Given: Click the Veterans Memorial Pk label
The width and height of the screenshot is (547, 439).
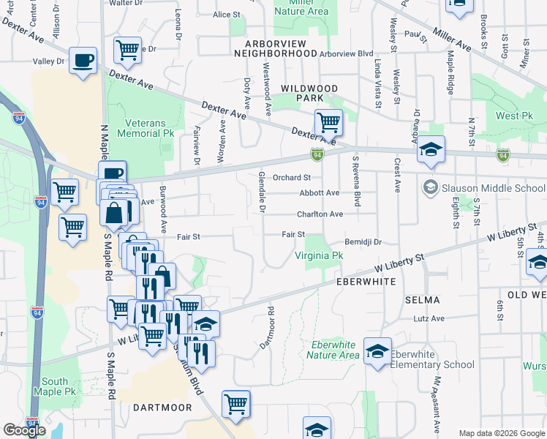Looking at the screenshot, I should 149,129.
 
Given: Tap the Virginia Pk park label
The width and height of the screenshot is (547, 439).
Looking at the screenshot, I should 319,256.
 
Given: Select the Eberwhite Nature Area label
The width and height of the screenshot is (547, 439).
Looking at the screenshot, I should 333,350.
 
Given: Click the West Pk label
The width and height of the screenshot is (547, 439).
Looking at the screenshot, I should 513,116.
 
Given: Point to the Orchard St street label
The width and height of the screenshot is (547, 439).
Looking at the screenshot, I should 292,177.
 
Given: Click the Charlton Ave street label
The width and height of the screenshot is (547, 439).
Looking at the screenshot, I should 320,214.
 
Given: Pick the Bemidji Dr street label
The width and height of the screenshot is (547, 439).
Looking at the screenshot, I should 363,241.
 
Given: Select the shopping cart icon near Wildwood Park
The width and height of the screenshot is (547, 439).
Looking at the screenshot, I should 328,121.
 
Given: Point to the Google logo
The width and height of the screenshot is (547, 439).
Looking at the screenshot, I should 25,430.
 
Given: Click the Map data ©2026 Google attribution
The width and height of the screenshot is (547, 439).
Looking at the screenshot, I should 502,433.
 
